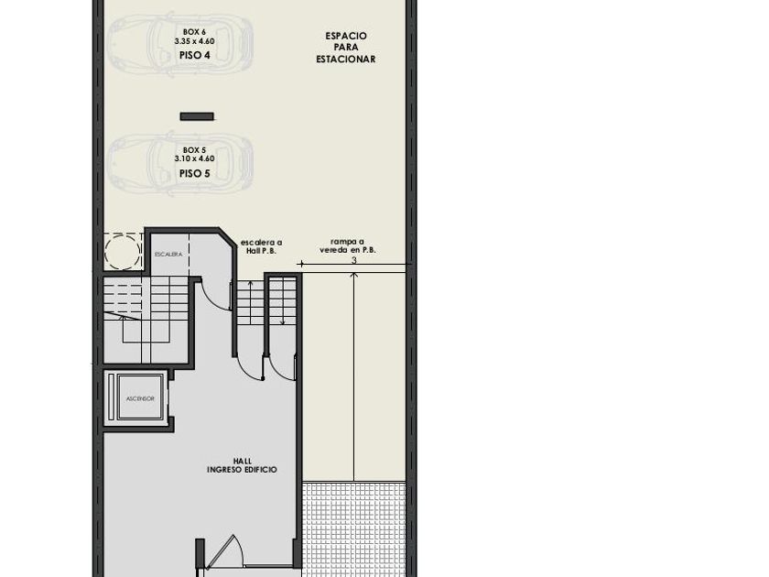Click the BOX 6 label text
click(194, 32)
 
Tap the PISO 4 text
click(195, 55)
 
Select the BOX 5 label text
click(194, 149)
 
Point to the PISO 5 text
click(195, 173)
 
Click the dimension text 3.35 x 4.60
click(194, 41)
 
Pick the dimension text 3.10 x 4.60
click(194, 158)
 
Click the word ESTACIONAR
click(346, 60)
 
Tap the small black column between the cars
click(197, 117)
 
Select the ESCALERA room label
click(168, 255)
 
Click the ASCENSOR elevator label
click(140, 398)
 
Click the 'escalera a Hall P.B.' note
click(261, 246)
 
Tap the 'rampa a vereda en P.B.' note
click(348, 245)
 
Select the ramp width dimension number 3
click(354, 260)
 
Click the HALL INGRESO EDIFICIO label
click(243, 465)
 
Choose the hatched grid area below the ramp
click(354, 529)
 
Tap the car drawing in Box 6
click(180, 44)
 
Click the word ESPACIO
click(346, 36)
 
